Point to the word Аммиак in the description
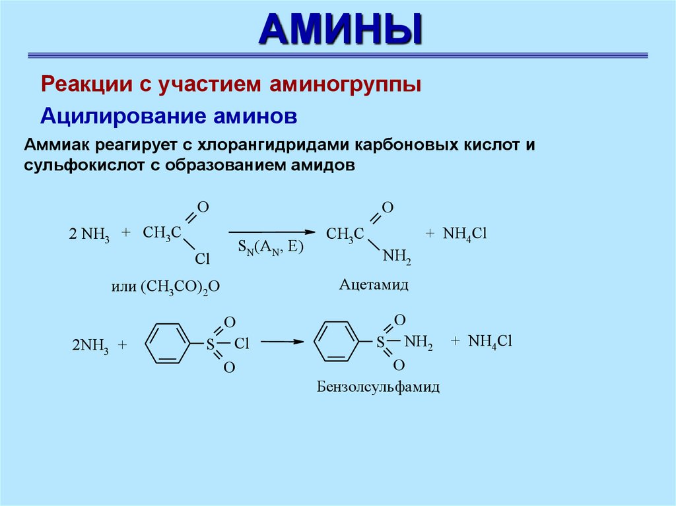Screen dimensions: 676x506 pyautogui.click(x=57, y=145)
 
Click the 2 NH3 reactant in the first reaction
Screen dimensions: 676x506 pyautogui.click(x=89, y=235)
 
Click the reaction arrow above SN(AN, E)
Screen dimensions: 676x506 pyautogui.click(x=271, y=232)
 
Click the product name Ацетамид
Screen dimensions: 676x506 pyautogui.click(x=374, y=284)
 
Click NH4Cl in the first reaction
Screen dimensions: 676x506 pyautogui.click(x=464, y=234)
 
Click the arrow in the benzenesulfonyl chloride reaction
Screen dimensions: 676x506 pyautogui.click(x=283, y=342)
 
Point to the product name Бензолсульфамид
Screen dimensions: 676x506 pyautogui.click(x=378, y=387)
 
